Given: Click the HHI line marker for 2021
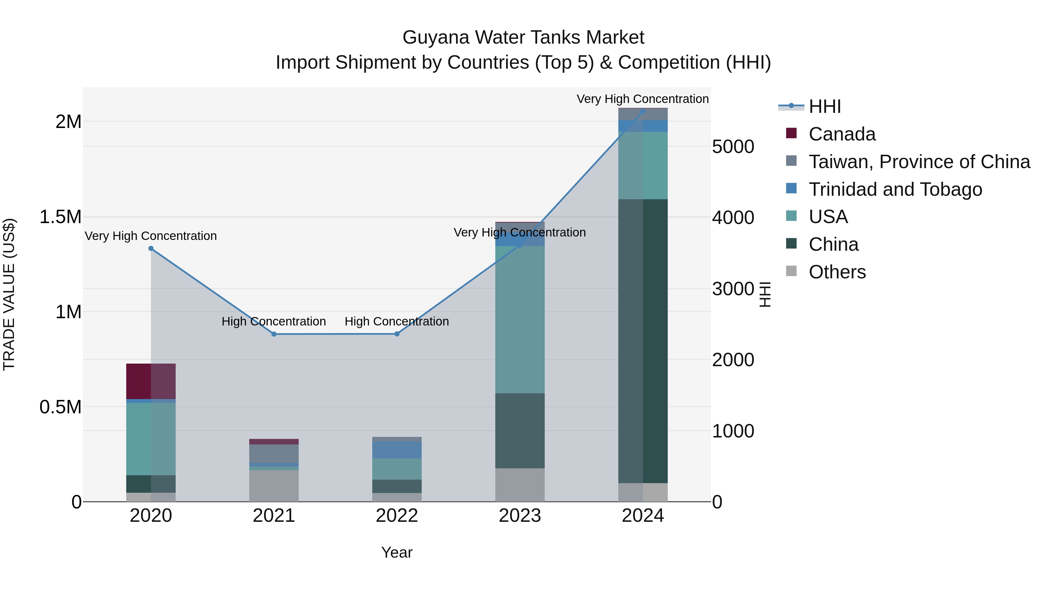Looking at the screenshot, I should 274,334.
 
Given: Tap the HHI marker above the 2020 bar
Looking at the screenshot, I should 151,248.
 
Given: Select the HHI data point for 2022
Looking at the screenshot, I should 397,334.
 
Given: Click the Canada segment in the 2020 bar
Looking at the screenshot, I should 151,381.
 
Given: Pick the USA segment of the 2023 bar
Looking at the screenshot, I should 520,319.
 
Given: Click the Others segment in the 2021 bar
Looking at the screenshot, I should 274,486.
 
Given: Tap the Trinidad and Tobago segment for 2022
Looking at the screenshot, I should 397,450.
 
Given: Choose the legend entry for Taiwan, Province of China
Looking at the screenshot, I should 919,162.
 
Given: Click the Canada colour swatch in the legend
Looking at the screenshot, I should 791,133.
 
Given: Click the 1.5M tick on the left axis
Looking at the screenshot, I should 60,217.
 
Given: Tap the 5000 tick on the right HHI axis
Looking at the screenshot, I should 733,147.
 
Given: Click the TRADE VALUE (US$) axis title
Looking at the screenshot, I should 9,294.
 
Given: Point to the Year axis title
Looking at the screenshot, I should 397,552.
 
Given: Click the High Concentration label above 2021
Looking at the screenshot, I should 274,321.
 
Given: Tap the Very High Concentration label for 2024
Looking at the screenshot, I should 642,99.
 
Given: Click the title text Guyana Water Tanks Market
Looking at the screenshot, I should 523,38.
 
